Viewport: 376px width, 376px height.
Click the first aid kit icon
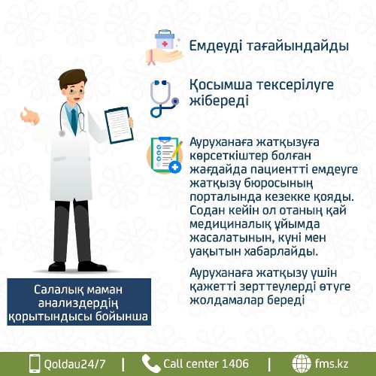[x=165, y=47]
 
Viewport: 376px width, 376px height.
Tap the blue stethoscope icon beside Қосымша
[x=164, y=99]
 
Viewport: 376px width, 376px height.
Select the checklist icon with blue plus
[x=165, y=156]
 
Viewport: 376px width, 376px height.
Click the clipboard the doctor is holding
[x=119, y=126]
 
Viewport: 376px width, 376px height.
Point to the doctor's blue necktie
[x=74, y=121]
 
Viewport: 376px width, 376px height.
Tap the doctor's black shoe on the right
[x=92, y=267]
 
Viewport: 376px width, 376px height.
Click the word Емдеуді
[x=216, y=46]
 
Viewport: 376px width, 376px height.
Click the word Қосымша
[x=220, y=85]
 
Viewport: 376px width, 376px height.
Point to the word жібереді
[x=219, y=101]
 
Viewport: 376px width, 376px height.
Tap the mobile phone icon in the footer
[x=35, y=363]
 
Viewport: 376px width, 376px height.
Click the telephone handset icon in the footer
[x=150, y=363]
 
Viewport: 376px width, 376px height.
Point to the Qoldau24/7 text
[x=74, y=364]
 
